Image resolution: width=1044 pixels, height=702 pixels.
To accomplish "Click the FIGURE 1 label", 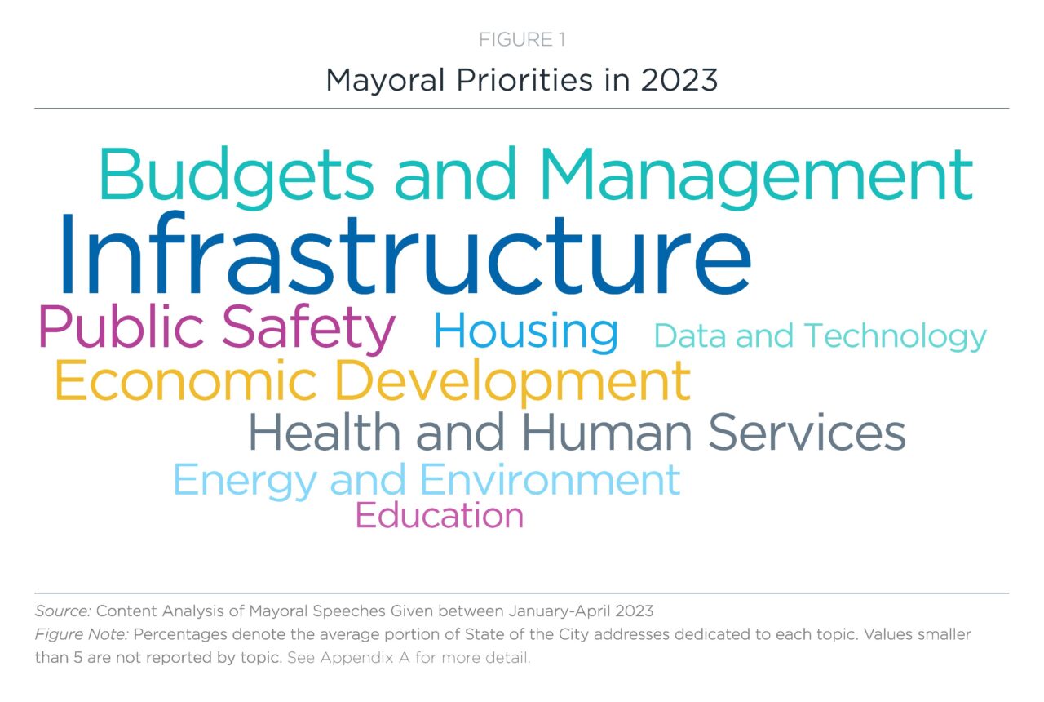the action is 522,40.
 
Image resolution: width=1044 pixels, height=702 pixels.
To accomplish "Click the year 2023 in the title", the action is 679,80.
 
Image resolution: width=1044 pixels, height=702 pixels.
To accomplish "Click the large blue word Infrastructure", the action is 406,254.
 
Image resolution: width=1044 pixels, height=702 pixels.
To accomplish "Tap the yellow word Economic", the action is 186,380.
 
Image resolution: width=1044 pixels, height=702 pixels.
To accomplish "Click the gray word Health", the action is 325,431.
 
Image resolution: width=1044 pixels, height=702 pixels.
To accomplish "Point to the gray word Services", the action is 807,432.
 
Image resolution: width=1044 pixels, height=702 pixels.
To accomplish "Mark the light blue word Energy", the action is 246,481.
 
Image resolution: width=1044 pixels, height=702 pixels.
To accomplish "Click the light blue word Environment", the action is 550,479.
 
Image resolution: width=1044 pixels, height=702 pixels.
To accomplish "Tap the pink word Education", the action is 440,515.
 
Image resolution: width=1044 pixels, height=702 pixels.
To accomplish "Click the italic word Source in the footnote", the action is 63,611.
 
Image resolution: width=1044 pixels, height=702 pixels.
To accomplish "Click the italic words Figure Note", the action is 82,635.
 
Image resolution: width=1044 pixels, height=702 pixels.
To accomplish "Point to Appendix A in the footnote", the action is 365,658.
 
